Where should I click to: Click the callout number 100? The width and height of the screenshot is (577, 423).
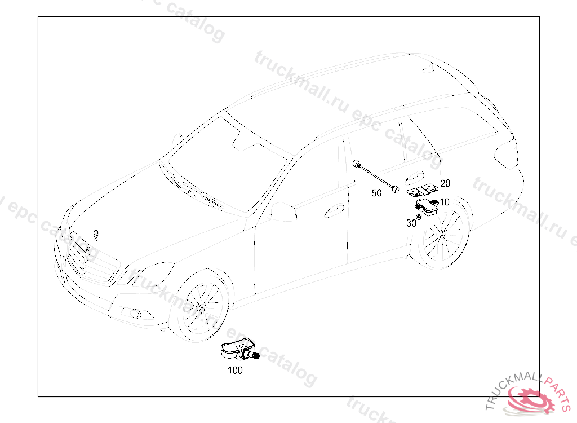pyautogui.click(x=235, y=370)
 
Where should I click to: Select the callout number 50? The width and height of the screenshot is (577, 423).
pyautogui.click(x=376, y=193)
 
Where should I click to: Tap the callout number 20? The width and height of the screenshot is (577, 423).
pyautogui.click(x=445, y=183)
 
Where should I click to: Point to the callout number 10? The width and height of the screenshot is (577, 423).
pyautogui.click(x=445, y=202)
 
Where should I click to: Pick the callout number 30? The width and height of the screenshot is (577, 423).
pyautogui.click(x=411, y=223)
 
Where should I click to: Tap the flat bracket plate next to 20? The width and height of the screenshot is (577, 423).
pyautogui.click(x=421, y=190)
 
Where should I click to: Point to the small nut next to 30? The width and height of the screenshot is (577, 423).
pyautogui.click(x=418, y=216)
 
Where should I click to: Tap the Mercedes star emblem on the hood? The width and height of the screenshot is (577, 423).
pyautogui.click(x=96, y=235)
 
